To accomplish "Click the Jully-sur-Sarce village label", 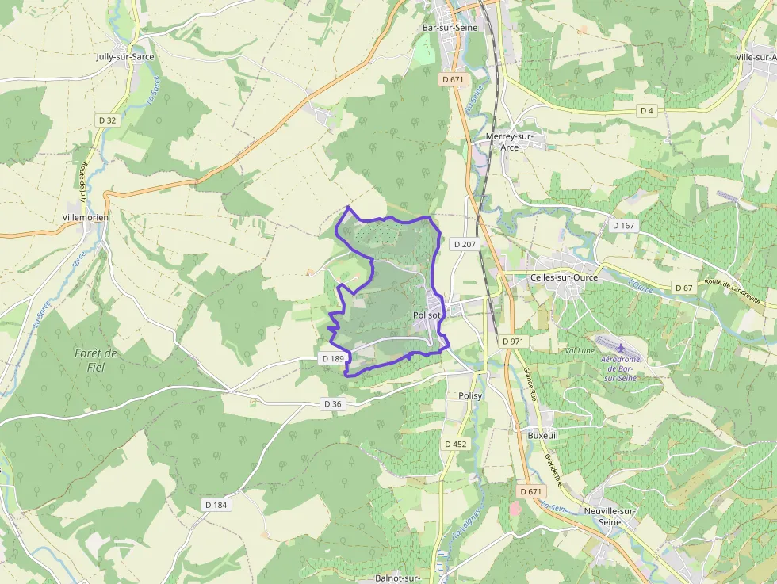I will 125,57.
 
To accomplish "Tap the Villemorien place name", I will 85,217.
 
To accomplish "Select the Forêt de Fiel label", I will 96,360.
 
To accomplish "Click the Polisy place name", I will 470,395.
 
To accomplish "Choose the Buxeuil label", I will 543,435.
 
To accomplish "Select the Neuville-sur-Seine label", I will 610,517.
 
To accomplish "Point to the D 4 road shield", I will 648,110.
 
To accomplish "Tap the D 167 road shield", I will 624,226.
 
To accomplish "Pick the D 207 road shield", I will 465,244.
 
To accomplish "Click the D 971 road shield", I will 513,341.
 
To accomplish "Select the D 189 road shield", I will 333,359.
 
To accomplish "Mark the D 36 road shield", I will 333,404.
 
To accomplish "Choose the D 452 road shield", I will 455,444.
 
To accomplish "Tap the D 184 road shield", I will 216,505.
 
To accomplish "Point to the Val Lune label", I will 580,350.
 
